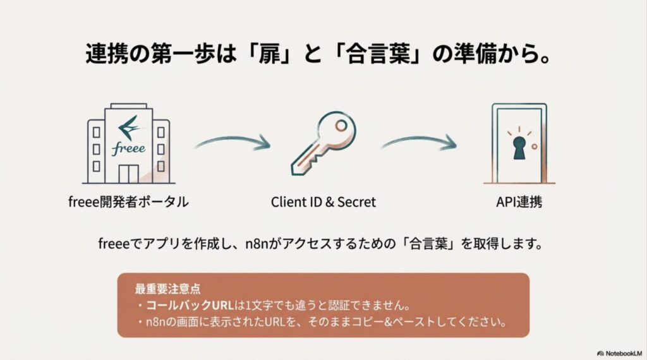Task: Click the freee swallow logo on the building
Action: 129,126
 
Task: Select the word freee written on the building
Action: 129,149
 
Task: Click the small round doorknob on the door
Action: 535,146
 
